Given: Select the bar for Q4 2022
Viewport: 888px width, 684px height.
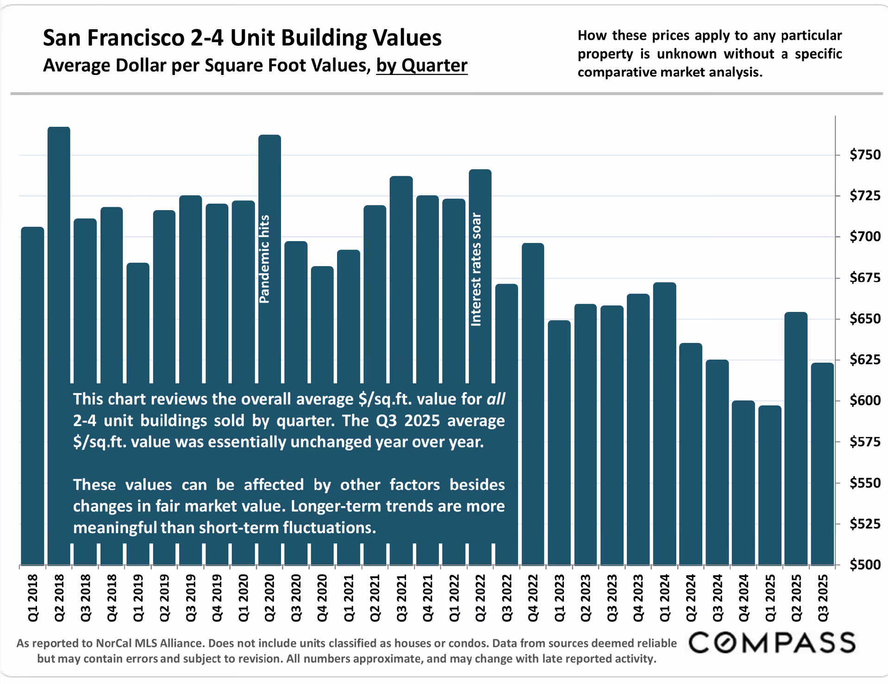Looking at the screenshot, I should click(x=533, y=403).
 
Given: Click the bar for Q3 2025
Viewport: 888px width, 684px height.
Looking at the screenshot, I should click(x=822, y=463).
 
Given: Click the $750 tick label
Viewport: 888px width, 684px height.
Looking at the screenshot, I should click(x=864, y=155).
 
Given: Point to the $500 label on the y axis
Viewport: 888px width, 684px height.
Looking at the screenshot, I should click(x=864, y=565).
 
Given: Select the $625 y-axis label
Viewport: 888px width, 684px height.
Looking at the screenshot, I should click(x=864, y=360).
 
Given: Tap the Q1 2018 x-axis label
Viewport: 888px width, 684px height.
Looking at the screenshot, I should click(x=33, y=598).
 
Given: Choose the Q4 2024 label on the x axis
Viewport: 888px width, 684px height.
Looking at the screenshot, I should click(x=744, y=598).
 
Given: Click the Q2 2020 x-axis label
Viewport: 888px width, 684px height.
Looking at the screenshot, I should click(x=270, y=598).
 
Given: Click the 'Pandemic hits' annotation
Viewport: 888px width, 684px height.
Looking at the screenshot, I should click(x=264, y=259).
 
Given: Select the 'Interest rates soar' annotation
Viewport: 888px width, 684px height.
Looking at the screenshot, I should click(x=476, y=269).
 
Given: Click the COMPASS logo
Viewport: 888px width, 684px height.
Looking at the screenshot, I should click(x=772, y=642).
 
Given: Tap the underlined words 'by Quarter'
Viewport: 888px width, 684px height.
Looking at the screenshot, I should click(x=421, y=66).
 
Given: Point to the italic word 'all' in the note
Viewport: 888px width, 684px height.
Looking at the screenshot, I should click(x=495, y=399).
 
